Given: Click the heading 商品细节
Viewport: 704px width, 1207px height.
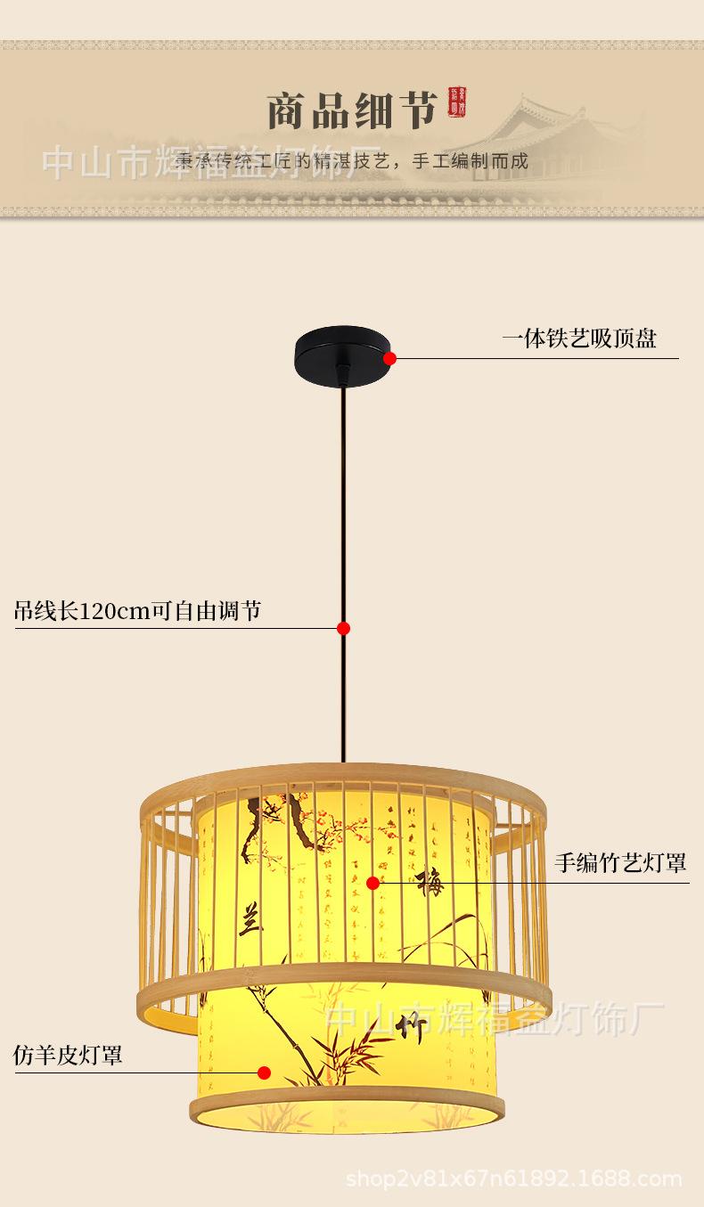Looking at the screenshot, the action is (352, 111).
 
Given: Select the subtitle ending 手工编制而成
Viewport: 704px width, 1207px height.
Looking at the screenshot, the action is (352, 161).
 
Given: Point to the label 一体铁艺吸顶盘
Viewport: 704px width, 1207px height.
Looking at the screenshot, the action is (579, 338).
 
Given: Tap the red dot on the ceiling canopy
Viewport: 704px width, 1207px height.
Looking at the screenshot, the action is (389, 358).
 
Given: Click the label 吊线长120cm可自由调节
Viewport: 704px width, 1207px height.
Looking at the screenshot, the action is (138, 611).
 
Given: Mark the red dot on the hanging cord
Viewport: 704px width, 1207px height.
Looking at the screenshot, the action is (343, 628).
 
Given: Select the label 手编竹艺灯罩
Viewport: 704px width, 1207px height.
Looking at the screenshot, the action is (620, 861).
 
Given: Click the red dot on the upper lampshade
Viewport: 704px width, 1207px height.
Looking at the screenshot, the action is (372, 883).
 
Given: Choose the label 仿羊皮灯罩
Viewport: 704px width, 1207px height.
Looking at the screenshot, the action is (68, 1056).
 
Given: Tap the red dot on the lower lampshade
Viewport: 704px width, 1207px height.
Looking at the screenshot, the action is (265, 1072).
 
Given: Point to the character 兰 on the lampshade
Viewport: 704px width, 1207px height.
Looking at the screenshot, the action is (250, 918).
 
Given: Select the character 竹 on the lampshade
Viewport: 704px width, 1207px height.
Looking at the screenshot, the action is (415, 1028).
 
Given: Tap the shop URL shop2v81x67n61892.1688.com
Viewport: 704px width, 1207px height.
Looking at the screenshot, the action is (513, 1179).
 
